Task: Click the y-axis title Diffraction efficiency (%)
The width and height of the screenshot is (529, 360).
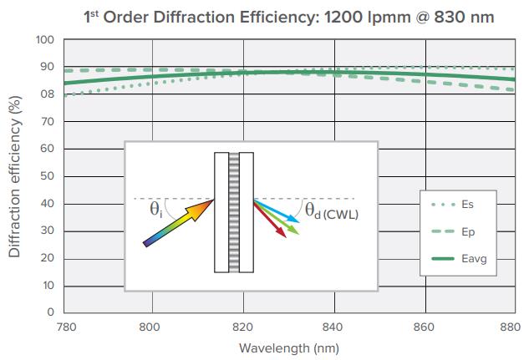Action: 14,176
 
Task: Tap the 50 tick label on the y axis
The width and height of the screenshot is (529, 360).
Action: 48,176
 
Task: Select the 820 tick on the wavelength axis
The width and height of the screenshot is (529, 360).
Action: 242,327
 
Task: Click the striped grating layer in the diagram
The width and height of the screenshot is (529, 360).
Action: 234,212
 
